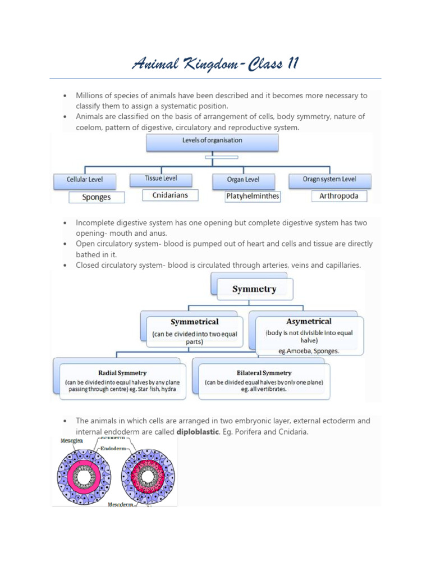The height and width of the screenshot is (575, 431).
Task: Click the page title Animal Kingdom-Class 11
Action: point(215,63)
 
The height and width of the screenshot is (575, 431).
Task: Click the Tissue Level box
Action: point(161,179)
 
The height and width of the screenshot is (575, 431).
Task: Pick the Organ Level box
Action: point(243,180)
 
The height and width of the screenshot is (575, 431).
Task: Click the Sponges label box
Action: point(97,197)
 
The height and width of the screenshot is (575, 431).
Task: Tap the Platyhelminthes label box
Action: point(245,197)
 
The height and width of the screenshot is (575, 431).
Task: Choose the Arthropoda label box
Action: point(334,196)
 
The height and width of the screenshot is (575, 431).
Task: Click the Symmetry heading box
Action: point(254,289)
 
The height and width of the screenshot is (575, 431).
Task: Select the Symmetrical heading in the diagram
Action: point(194,322)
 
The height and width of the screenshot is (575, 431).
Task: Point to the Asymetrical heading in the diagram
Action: point(309,322)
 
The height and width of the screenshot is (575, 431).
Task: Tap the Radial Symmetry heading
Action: point(122,372)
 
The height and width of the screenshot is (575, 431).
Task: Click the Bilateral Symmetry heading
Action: point(264,372)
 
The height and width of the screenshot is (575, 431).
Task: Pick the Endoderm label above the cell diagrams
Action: point(116,449)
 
